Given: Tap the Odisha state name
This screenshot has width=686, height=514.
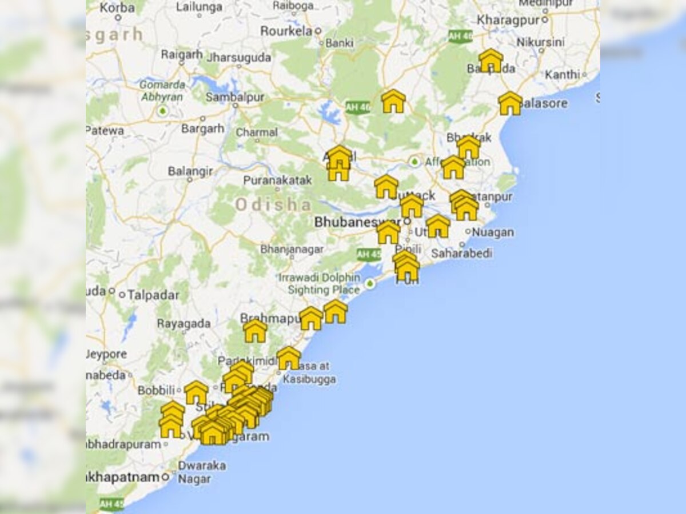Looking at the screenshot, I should click(x=273, y=204).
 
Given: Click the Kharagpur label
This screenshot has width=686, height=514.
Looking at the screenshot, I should click(x=509, y=19).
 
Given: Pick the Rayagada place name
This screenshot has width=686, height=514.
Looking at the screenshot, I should click(x=184, y=324).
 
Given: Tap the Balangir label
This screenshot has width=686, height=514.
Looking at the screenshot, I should click(x=190, y=171).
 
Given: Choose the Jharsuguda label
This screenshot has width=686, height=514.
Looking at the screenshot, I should click(x=238, y=57).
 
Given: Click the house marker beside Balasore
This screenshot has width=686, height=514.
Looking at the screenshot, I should click(x=510, y=103).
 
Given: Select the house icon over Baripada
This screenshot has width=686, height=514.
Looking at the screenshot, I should click(x=490, y=61).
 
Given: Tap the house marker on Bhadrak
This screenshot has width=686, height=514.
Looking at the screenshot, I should click(x=469, y=147).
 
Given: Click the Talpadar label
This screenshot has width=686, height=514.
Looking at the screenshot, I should click(x=153, y=295).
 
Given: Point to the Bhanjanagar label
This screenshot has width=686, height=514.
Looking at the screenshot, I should click(x=292, y=249).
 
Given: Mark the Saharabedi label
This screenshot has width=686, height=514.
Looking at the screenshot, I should click(x=461, y=253).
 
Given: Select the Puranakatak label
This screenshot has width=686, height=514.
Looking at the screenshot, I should click(x=277, y=180).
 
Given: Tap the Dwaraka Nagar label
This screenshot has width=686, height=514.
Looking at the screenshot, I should click(x=201, y=472).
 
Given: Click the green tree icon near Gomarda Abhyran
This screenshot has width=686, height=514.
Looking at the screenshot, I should click(x=163, y=110).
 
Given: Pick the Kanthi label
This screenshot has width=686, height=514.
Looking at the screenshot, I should click(x=562, y=75).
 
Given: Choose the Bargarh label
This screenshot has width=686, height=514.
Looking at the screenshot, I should click(x=203, y=128).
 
